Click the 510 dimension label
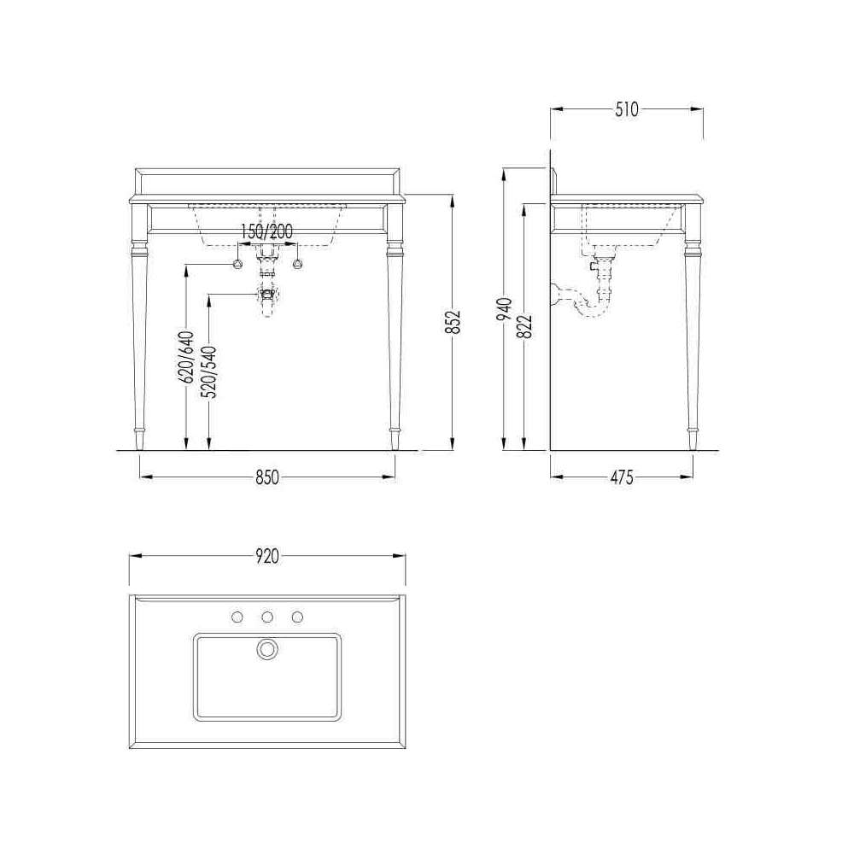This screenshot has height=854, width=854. pyautogui.click(x=626, y=109)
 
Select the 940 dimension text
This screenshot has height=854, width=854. pyautogui.click(x=505, y=309)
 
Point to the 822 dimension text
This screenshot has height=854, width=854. pyautogui.click(x=525, y=326)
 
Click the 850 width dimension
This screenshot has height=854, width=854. pyautogui.click(x=266, y=477)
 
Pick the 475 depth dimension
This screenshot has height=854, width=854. pyautogui.click(x=622, y=477)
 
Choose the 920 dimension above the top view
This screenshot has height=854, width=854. pyautogui.click(x=266, y=556)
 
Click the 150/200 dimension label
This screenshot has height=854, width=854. pyautogui.click(x=266, y=231)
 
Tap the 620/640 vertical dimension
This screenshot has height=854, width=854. pyautogui.click(x=186, y=357)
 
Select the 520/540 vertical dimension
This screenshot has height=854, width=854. pyautogui.click(x=209, y=372)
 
